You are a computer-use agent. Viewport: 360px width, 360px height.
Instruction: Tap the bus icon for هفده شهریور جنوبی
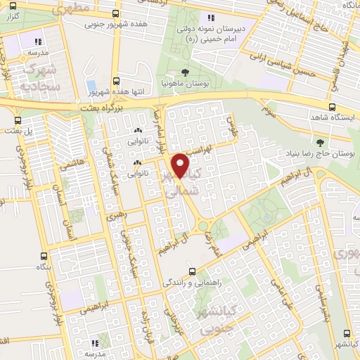pyautogui.click(x=114, y=14)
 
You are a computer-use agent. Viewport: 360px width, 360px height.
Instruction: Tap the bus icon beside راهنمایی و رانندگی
pyautogui.click(x=193, y=271)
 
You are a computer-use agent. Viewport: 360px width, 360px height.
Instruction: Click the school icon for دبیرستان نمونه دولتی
pyautogui.click(x=210, y=18)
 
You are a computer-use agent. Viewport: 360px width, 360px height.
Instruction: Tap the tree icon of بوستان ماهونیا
pyautogui.click(x=185, y=72)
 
